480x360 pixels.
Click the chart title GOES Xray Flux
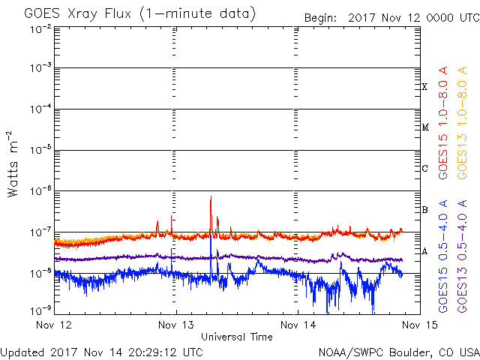[x=78, y=14]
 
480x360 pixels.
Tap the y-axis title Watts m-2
[x=13, y=164]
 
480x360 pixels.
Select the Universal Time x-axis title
[x=237, y=337]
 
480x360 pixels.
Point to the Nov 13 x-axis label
[x=176, y=325]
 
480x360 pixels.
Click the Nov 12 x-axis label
[x=54, y=325]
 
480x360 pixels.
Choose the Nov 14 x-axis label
[x=298, y=325]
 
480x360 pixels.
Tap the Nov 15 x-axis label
[x=420, y=325]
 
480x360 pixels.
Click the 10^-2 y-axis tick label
[x=40, y=30]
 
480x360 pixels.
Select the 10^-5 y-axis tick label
[x=40, y=150]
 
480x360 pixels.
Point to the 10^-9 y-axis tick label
[x=40, y=310]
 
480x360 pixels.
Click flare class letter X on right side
[x=424, y=87]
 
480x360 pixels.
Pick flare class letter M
[x=425, y=127]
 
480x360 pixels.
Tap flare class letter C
[x=424, y=168]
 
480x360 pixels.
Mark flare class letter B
[x=424, y=210]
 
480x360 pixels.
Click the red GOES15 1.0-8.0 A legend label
[x=443, y=123]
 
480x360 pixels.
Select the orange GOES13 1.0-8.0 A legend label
[x=462, y=123]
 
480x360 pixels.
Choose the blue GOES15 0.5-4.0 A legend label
[x=443, y=256]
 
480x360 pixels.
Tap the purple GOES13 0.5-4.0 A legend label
[x=462, y=256]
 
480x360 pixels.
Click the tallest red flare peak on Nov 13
[x=211, y=196]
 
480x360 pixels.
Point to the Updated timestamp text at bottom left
[x=102, y=352]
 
